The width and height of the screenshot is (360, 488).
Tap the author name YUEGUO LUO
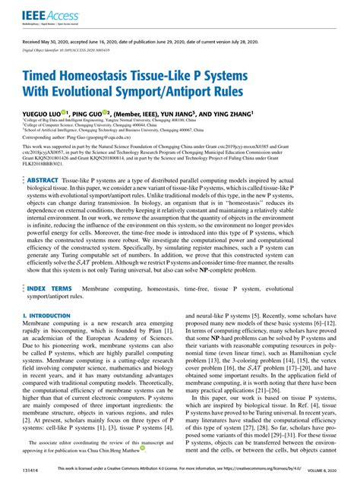click(x=47, y=111)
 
